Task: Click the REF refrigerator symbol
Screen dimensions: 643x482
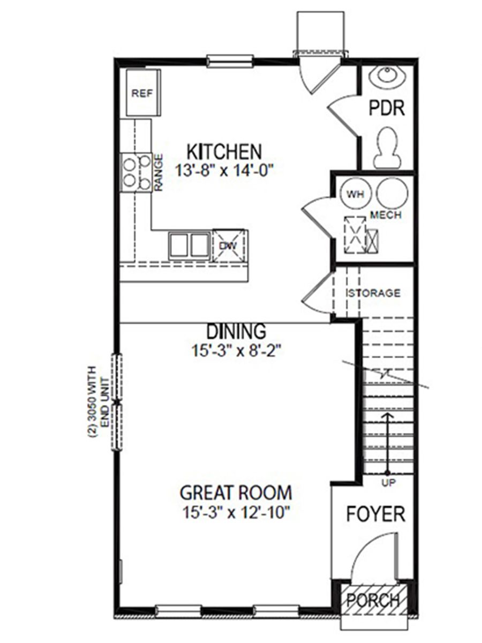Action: point(142,92)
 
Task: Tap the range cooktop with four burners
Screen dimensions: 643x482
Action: point(136,173)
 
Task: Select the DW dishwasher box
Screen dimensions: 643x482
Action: point(229,245)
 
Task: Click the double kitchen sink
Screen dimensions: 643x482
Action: point(189,245)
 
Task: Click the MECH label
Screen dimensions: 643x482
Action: point(386,215)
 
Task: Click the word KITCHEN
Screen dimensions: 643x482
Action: point(224,152)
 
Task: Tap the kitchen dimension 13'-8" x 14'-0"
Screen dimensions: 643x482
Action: point(224,171)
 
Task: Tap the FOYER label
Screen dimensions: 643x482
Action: point(375,514)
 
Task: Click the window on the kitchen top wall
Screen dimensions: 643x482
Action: point(230,61)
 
